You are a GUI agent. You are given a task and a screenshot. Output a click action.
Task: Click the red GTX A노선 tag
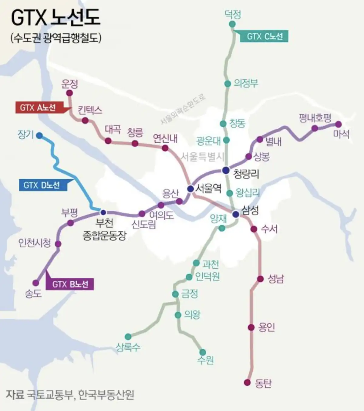tap(39, 108)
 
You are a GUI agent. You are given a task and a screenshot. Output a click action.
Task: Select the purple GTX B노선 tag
tap(70, 284)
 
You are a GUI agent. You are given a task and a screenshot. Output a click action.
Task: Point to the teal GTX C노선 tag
tap(264, 36)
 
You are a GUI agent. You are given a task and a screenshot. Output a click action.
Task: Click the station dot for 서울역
tap(190, 189)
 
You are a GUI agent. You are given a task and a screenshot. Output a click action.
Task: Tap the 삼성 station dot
tap(236, 214)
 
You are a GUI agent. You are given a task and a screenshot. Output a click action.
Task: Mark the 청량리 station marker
tap(225, 170)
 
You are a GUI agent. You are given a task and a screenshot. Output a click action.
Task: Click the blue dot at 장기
tap(39, 136)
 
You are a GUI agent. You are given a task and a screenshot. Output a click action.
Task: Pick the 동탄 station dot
tap(248, 382)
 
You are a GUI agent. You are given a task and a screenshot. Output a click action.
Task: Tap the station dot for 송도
tap(36, 283)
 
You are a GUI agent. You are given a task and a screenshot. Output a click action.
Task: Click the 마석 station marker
tap(339, 124)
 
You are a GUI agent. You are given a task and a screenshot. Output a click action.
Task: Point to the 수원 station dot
tap(202, 352)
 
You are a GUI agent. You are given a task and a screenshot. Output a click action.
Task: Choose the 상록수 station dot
tap(128, 337)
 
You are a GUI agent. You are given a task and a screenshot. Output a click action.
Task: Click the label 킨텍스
tap(90, 110)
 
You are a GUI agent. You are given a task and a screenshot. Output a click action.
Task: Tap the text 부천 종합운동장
tap(104, 229)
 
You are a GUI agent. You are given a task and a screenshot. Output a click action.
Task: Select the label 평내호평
tap(315, 118)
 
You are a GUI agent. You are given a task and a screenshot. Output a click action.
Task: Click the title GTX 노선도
tap(56, 18)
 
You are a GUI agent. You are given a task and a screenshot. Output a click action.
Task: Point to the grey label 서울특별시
tap(202, 157)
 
